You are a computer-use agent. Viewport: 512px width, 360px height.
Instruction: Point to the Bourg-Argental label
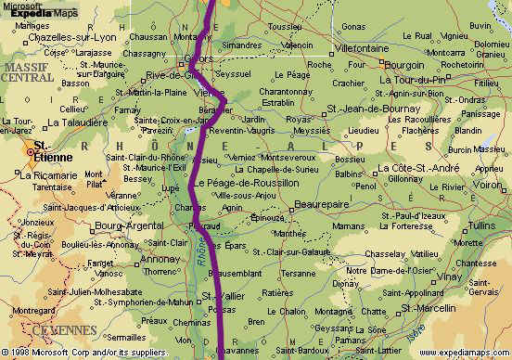123,225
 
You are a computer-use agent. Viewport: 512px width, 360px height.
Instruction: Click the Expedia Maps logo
45,11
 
